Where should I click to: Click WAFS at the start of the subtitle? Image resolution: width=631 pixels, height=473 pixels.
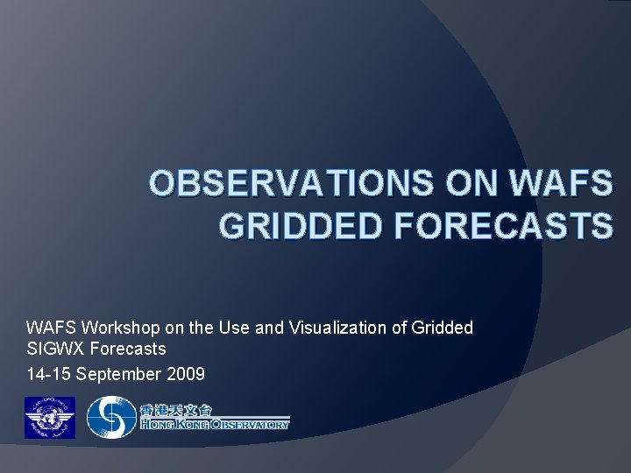(49, 328)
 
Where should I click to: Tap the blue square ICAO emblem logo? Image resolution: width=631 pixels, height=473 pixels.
(49, 418)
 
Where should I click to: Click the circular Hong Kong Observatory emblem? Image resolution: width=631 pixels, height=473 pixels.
(110, 418)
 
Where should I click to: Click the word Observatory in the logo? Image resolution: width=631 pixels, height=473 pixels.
(249, 425)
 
